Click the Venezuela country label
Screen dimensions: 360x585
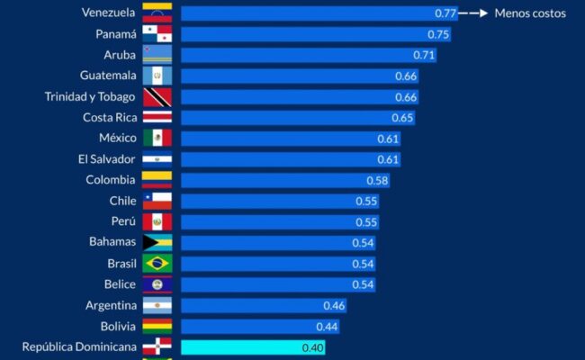click(x=108, y=13)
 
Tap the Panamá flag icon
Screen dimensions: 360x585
click(x=157, y=34)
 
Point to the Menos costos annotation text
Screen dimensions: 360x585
click(x=530, y=13)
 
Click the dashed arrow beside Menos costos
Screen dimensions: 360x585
click(x=474, y=13)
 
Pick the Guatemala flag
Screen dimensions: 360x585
click(x=157, y=76)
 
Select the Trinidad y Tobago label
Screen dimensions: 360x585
click(x=90, y=96)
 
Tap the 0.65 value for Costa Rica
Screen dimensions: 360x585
click(x=402, y=117)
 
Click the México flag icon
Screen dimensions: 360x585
click(x=157, y=138)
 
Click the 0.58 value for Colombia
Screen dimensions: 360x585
click(x=377, y=180)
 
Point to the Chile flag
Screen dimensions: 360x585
click(x=157, y=201)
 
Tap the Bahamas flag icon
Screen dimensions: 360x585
click(x=157, y=242)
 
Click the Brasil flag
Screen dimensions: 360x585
click(x=157, y=263)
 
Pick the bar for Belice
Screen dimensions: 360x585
click(x=270, y=283)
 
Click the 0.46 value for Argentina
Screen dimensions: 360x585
click(x=333, y=305)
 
